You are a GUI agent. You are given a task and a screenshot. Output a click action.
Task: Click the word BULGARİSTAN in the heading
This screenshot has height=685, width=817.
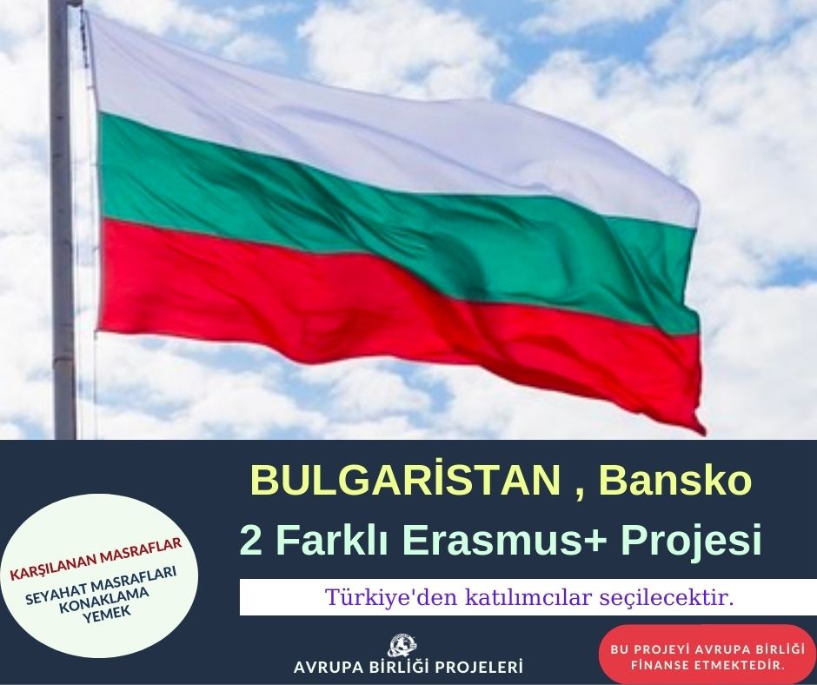tap(405, 480)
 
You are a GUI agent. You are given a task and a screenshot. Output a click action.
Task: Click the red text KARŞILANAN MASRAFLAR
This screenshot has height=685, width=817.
tap(96, 558)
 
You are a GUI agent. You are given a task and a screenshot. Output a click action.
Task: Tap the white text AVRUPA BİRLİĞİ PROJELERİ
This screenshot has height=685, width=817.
tap(408, 668)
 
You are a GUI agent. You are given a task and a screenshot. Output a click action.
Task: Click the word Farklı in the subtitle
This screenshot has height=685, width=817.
tap(331, 540)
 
